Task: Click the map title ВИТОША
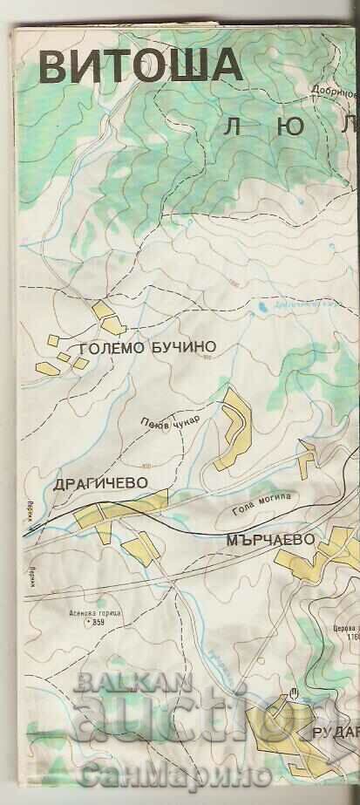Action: (139, 65)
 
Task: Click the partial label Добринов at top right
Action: (336, 90)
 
